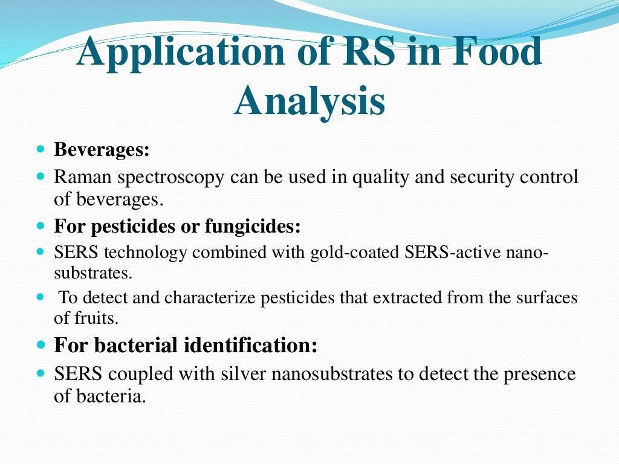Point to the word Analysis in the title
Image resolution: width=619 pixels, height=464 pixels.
coord(309,101)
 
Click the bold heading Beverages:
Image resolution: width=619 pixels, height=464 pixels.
coord(102,149)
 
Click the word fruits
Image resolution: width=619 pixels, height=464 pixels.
coord(96,317)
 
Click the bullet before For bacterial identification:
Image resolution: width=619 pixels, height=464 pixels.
coord(41,346)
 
